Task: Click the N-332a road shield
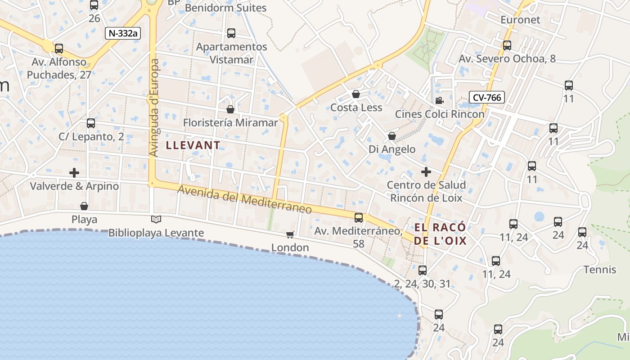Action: (x=123, y=33)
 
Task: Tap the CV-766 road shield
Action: (x=486, y=97)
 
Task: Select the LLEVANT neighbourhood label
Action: (x=193, y=145)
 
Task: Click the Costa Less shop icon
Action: (x=355, y=94)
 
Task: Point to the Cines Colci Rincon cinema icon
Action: (x=439, y=101)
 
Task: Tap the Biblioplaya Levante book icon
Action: (x=156, y=220)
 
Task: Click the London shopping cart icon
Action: (x=290, y=234)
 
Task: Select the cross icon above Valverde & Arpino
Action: (x=74, y=173)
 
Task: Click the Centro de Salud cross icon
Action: (x=426, y=171)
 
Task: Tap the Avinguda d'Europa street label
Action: (x=154, y=108)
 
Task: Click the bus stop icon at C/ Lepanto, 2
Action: (x=91, y=123)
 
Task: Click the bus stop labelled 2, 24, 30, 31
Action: (x=422, y=270)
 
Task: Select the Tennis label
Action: (x=599, y=270)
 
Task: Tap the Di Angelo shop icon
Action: (x=392, y=136)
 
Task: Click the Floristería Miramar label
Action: (x=230, y=123)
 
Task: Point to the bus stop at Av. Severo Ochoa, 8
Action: (x=507, y=45)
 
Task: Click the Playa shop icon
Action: (x=84, y=207)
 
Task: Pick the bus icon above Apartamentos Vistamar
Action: (x=231, y=33)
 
